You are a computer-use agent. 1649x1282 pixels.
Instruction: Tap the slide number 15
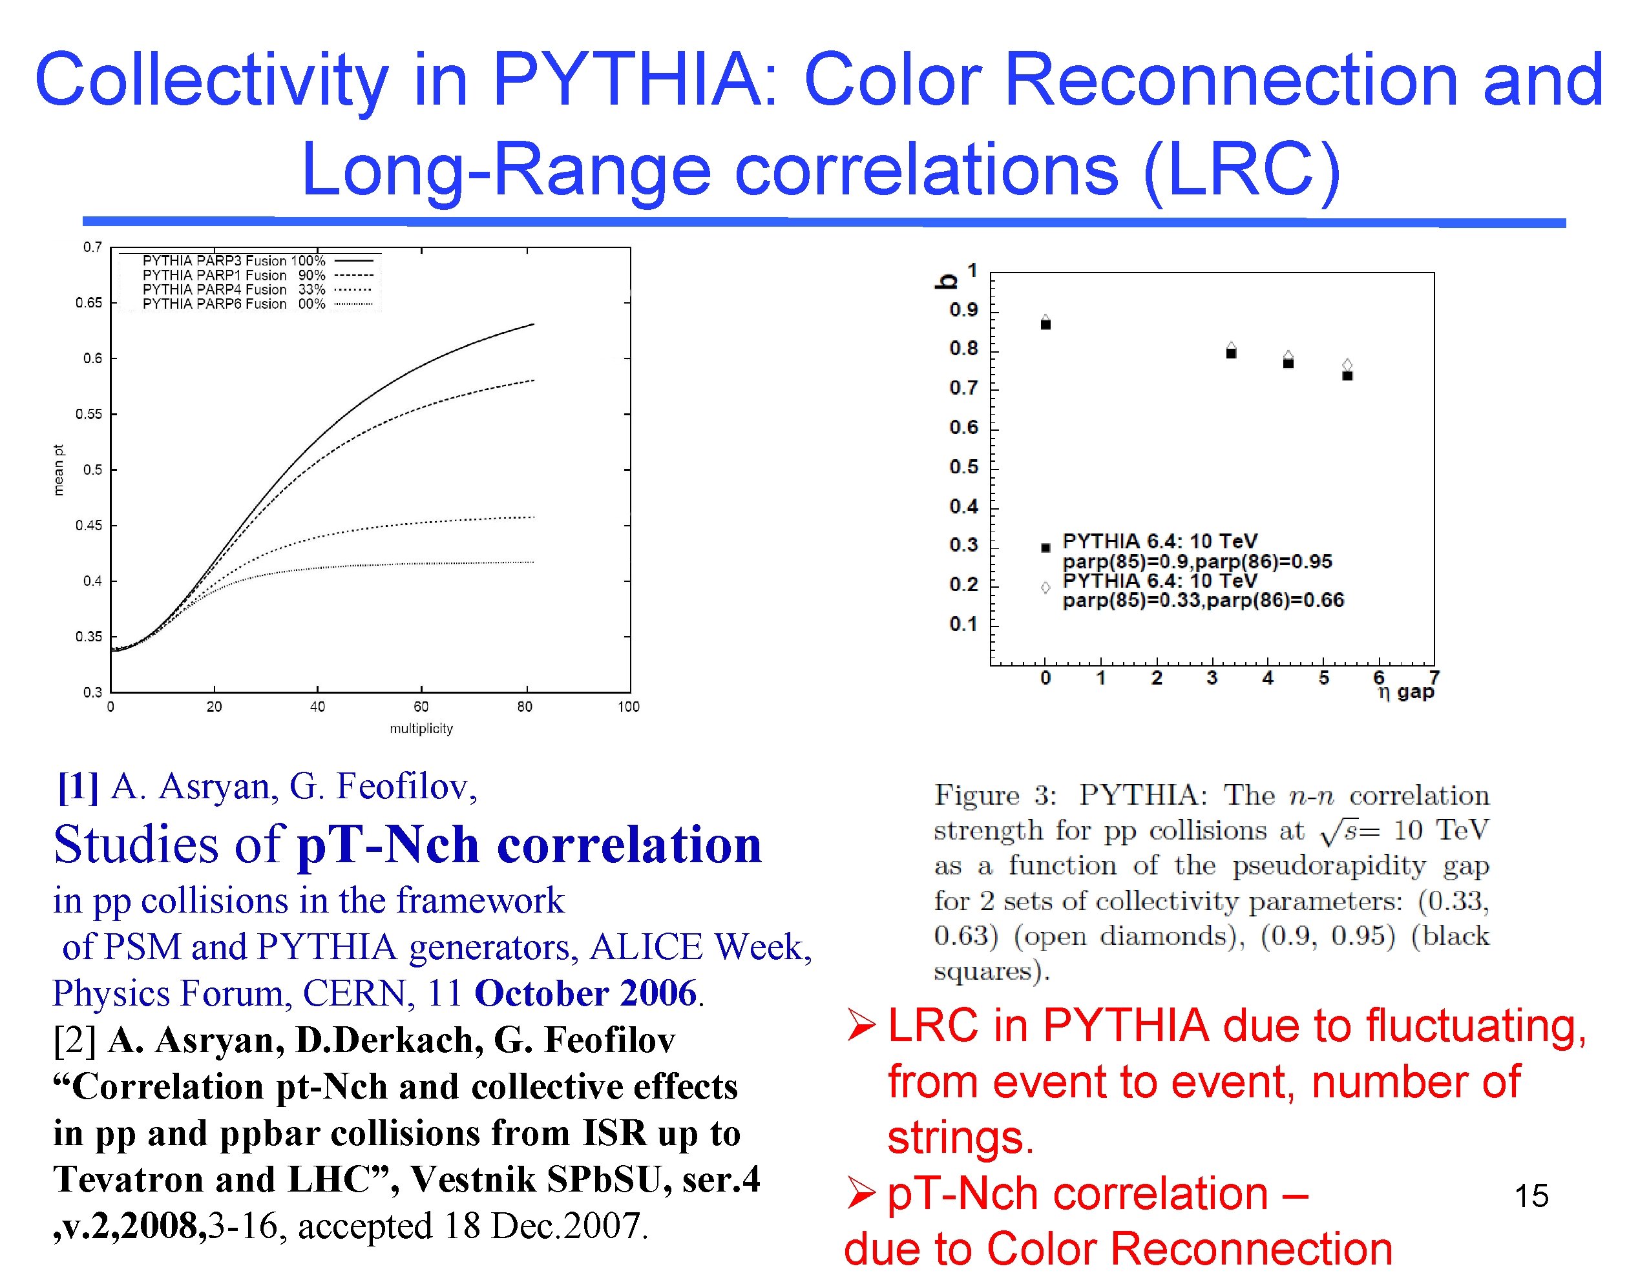pyautogui.click(x=1531, y=1196)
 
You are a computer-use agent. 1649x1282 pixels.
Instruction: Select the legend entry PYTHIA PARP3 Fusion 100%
pyautogui.click(x=233, y=261)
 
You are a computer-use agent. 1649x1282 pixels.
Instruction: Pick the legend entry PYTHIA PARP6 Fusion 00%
pyautogui.click(x=233, y=304)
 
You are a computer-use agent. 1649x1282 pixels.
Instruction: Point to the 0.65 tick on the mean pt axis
pyautogui.click(x=89, y=303)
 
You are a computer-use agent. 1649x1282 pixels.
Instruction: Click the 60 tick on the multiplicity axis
pyautogui.click(x=421, y=707)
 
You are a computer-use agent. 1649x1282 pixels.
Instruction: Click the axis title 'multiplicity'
pyautogui.click(x=421, y=729)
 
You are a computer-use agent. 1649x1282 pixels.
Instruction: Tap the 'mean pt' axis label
pyautogui.click(x=59, y=470)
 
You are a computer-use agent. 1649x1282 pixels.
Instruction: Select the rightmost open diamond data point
pyautogui.click(x=1347, y=365)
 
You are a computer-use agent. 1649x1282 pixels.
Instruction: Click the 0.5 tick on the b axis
pyautogui.click(x=963, y=467)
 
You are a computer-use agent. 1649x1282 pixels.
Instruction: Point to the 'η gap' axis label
pyautogui.click(x=1405, y=692)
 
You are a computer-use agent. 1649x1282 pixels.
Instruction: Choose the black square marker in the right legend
pyautogui.click(x=1045, y=548)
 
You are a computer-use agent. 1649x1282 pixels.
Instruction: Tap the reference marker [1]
pyautogui.click(x=78, y=787)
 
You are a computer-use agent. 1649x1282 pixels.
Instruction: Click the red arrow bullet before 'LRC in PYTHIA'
pyautogui.click(x=861, y=1027)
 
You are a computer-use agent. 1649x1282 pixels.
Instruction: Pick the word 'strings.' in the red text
pyautogui.click(x=960, y=1138)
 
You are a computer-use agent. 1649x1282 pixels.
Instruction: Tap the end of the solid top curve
pyautogui.click(x=533, y=324)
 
